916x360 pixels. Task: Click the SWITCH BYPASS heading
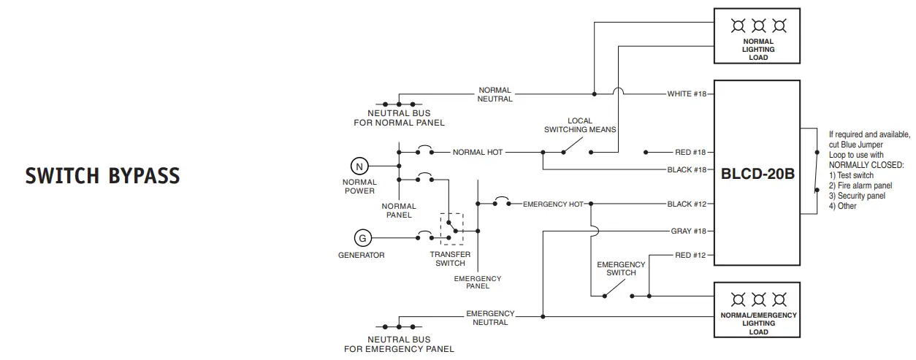point(102,176)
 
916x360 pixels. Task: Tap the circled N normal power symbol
point(359,166)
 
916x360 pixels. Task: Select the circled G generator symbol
point(362,237)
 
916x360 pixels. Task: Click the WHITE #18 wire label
point(686,94)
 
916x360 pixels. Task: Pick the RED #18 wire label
point(690,153)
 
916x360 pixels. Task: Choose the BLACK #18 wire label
point(687,169)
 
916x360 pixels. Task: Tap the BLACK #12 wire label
point(687,204)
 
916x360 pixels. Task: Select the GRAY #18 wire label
point(688,231)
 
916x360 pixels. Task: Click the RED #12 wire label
point(690,255)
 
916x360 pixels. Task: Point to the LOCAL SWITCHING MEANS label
point(580,125)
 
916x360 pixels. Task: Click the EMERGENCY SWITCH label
point(621,269)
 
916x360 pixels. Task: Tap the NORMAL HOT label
point(478,153)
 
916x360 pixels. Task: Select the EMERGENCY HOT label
point(552,204)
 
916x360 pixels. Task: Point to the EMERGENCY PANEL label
point(478,282)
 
